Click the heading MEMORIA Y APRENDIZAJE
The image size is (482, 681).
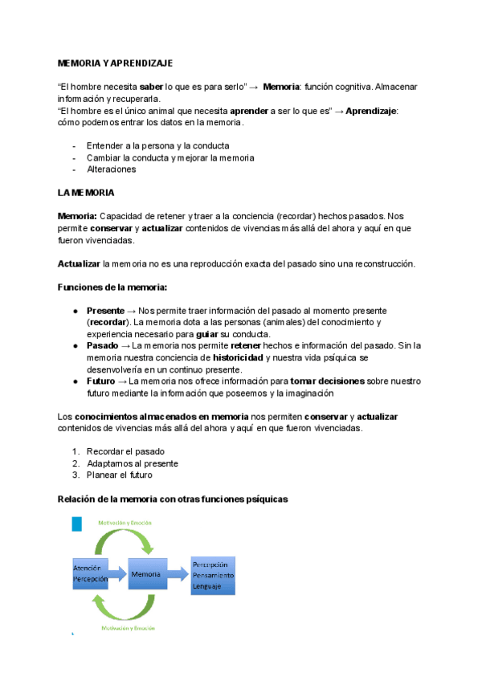coord(115,63)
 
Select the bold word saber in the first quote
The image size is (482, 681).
coord(151,86)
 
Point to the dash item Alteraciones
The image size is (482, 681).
coord(111,169)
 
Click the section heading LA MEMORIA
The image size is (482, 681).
coord(86,194)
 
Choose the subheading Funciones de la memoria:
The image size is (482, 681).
coord(112,287)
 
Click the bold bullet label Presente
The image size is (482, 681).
coord(105,311)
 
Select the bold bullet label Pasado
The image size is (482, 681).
coord(102,345)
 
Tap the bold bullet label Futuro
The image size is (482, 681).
coord(101,381)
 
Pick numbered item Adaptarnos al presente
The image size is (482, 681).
coord(133,463)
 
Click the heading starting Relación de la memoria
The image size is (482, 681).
coord(173,499)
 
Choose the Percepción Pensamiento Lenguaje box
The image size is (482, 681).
coord(213,575)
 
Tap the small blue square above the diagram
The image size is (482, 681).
coord(76,524)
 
